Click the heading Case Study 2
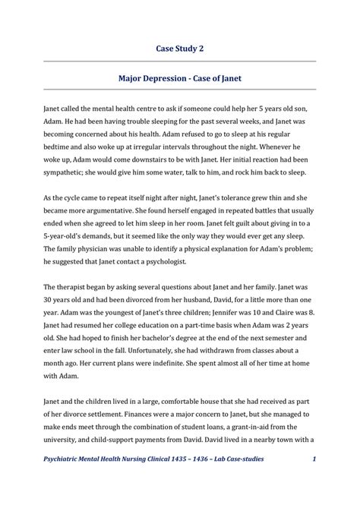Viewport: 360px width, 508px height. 179,48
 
